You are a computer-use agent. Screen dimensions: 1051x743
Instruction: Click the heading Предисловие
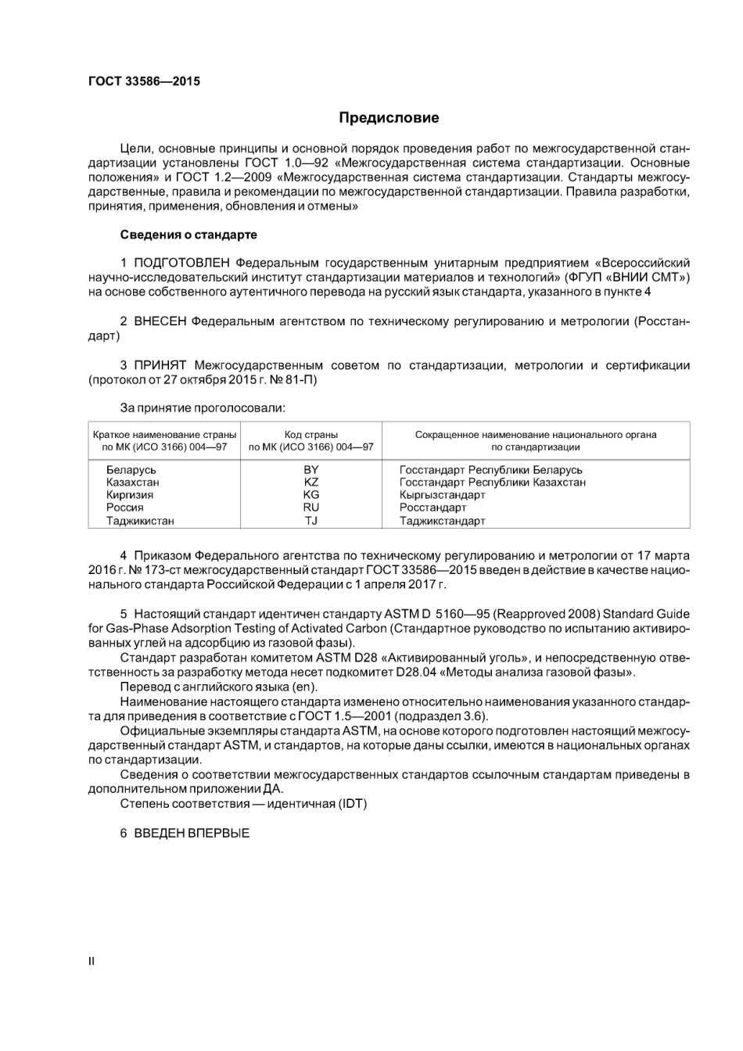[389, 118]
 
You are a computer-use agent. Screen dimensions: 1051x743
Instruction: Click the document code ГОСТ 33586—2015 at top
[144, 81]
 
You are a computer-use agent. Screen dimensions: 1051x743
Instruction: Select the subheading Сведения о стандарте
[188, 235]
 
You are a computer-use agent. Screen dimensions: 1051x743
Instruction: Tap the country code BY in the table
[311, 470]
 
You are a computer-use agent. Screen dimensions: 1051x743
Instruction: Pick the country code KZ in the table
[311, 482]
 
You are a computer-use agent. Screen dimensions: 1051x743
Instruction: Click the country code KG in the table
[311, 495]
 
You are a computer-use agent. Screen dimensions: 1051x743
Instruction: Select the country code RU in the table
[311, 508]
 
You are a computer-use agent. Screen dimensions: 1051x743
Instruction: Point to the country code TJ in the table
[311, 521]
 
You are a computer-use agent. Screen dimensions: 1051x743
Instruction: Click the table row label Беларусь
[131, 470]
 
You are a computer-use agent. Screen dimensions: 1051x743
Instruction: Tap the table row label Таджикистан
[140, 521]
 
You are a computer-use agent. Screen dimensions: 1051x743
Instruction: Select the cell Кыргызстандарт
[442, 495]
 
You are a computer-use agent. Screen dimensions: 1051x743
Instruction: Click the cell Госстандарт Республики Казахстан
[492, 482]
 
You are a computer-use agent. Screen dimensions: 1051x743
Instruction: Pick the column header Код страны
[311, 435]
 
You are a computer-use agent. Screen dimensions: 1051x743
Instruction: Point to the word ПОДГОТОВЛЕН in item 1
[181, 263]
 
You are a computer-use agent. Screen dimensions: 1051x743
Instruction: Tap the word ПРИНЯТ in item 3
[160, 365]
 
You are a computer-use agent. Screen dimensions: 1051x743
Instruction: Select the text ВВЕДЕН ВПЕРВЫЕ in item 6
[192, 834]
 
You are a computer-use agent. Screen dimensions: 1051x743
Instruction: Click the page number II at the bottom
[92, 961]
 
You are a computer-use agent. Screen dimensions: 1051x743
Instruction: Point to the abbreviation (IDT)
[352, 804]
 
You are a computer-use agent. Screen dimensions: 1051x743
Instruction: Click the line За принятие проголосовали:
[203, 407]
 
